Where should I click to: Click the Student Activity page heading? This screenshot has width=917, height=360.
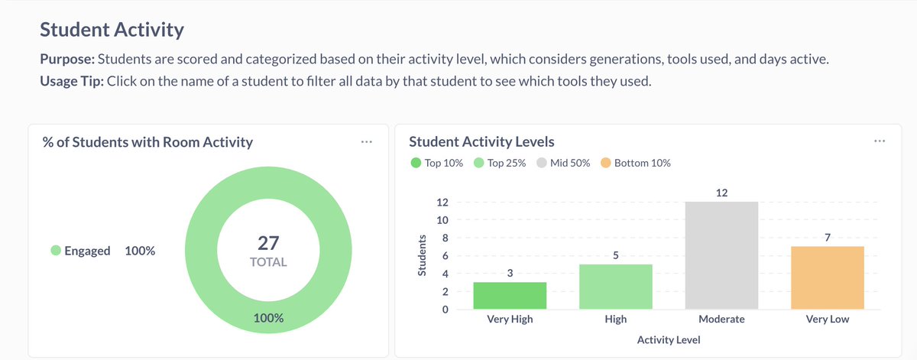[x=112, y=30]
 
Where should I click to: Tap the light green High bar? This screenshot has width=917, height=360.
[x=615, y=287]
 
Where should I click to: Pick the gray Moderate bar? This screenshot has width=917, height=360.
[x=721, y=255]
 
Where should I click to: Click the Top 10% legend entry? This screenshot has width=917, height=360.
[x=437, y=163]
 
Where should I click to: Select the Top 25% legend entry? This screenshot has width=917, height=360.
[x=500, y=163]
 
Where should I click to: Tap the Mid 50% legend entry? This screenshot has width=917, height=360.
[x=564, y=163]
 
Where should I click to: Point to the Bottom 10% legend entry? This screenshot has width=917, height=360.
[x=636, y=163]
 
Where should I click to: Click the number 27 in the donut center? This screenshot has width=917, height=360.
[x=268, y=243]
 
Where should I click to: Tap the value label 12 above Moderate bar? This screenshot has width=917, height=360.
[x=722, y=193]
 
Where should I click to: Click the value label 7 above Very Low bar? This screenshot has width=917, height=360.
[x=828, y=238]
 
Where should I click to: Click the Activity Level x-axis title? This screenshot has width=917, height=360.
[x=669, y=339]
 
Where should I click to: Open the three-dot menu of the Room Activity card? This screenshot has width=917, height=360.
[x=367, y=141]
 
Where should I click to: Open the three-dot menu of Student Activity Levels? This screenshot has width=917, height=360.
[x=880, y=141]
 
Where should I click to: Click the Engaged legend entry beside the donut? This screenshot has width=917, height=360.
[x=81, y=251]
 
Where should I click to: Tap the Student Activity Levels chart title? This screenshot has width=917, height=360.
[x=481, y=141]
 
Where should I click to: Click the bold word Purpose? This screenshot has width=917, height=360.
[x=67, y=60]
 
